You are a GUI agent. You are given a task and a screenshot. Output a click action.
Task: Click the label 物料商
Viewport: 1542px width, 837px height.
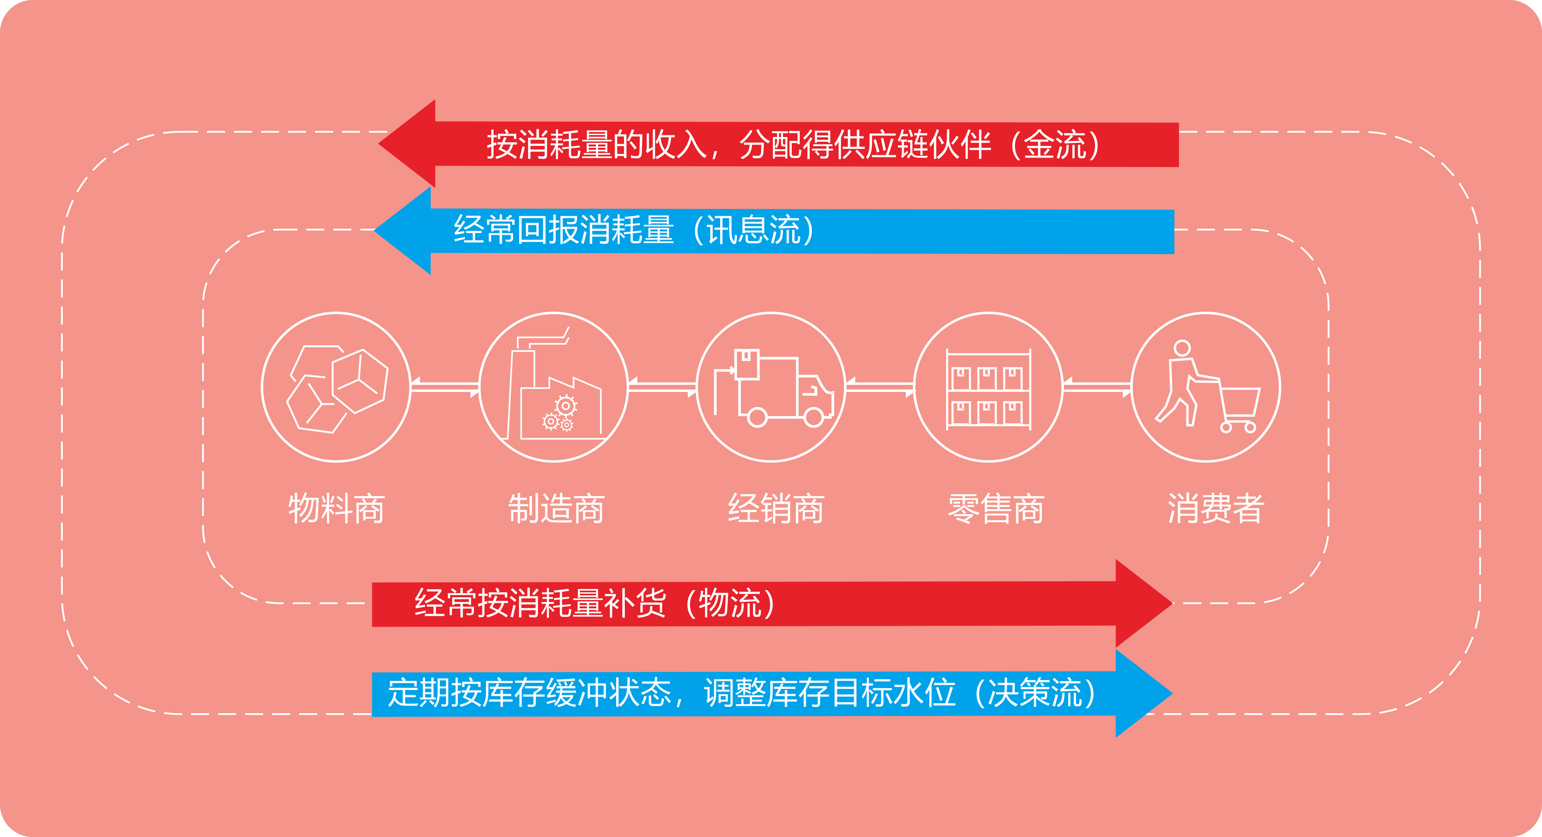click(336, 509)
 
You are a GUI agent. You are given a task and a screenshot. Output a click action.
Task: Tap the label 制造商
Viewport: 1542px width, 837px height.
click(556, 509)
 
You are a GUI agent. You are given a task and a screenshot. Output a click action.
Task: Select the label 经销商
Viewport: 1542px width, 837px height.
click(776, 509)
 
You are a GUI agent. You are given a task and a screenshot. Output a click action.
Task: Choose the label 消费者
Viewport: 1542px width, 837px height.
click(1216, 509)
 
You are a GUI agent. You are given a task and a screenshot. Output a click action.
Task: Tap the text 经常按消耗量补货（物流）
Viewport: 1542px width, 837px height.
click(594, 603)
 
